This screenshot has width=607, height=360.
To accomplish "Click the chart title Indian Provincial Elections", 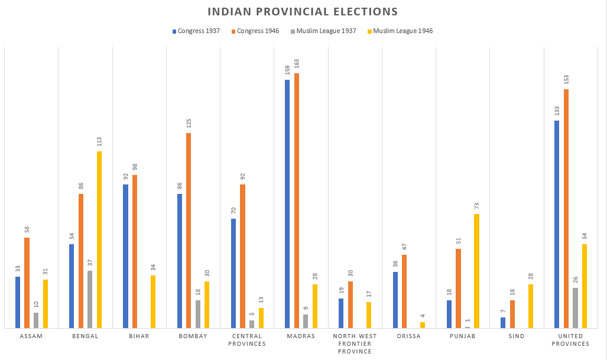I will (x=302, y=12).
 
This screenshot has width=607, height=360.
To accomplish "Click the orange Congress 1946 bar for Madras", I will (x=297, y=200).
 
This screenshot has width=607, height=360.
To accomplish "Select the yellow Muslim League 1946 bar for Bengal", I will (x=99, y=239).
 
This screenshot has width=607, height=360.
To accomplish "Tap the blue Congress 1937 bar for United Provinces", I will (x=557, y=224).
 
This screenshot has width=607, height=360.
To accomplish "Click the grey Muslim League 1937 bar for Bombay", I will (x=198, y=314).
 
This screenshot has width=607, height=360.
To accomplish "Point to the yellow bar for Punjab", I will (x=476, y=271).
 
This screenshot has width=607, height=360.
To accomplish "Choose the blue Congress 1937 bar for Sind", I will (x=503, y=323).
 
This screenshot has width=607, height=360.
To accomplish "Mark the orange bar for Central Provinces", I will (x=243, y=256).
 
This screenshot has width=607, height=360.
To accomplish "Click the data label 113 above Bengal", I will (x=99, y=142).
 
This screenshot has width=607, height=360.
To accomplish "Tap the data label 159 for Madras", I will (x=287, y=70).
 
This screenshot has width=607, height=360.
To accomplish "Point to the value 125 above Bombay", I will (x=189, y=124).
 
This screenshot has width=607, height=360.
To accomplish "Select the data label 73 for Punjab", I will (x=476, y=206).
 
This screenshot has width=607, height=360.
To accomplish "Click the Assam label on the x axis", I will (x=31, y=336).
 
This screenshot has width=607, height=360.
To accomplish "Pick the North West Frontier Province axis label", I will (x=355, y=343).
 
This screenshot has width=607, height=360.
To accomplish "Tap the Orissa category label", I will (x=409, y=336).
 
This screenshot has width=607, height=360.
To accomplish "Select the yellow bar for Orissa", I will (x=423, y=325).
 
